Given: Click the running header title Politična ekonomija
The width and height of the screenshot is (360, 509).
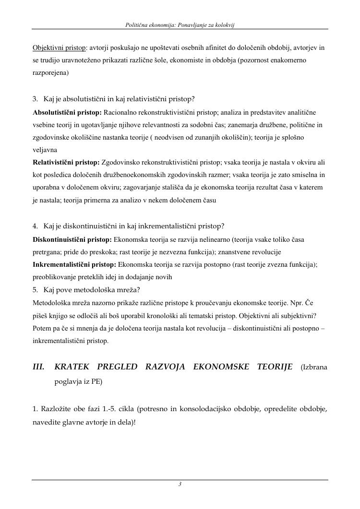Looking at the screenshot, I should click(x=152, y=24).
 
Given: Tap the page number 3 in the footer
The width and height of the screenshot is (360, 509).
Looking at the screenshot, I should click(x=180, y=485).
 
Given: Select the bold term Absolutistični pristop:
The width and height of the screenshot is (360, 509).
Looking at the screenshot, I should click(x=67, y=112).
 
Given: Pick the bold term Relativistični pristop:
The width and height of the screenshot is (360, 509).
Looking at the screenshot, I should click(x=66, y=163).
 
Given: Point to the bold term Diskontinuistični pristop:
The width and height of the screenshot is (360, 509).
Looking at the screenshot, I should click(x=72, y=239).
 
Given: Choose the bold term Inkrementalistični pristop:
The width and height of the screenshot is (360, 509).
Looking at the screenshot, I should click(x=74, y=264).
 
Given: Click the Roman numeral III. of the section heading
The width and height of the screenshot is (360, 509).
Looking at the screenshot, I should click(x=38, y=367).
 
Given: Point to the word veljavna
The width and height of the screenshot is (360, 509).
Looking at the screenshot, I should click(x=45, y=150).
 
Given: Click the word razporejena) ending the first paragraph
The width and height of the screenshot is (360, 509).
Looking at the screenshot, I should click(x=50, y=73).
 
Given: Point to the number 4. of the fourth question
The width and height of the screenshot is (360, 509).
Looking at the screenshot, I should click(x=36, y=226).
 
